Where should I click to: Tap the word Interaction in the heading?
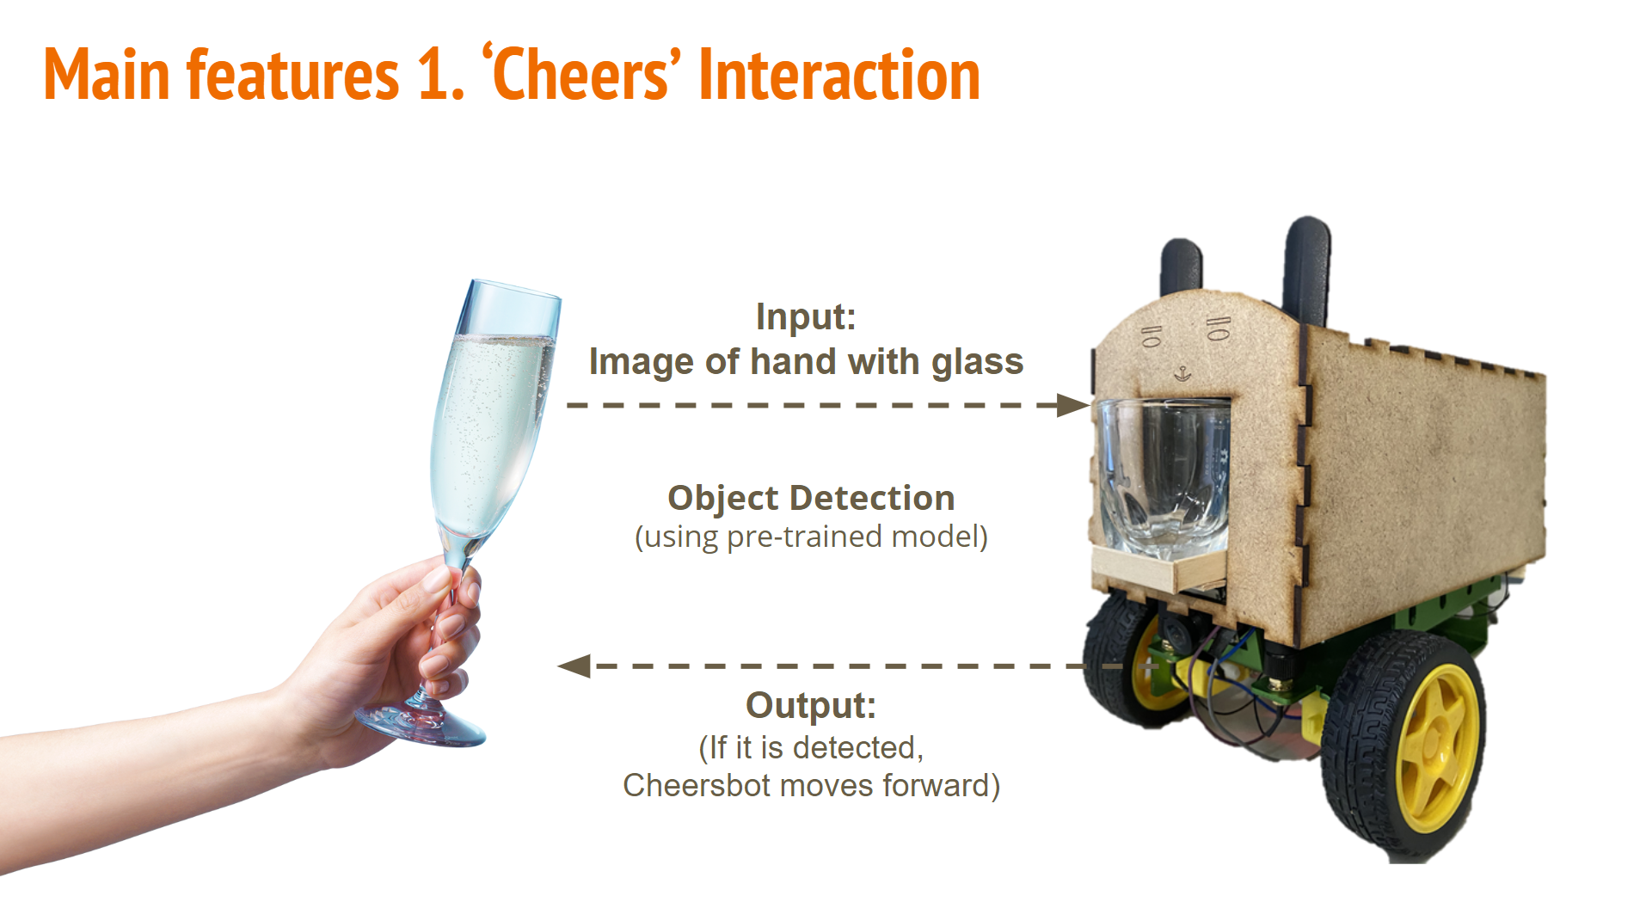[x=839, y=76]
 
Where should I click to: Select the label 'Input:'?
[x=806, y=316]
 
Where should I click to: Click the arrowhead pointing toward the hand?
[x=574, y=666]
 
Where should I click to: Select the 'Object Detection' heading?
[x=811, y=498]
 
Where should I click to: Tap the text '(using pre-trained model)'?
[x=811, y=537]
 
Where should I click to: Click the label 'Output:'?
[x=810, y=705]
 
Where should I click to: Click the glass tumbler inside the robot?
[x=1163, y=478]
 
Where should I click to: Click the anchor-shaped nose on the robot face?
[x=1183, y=373]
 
